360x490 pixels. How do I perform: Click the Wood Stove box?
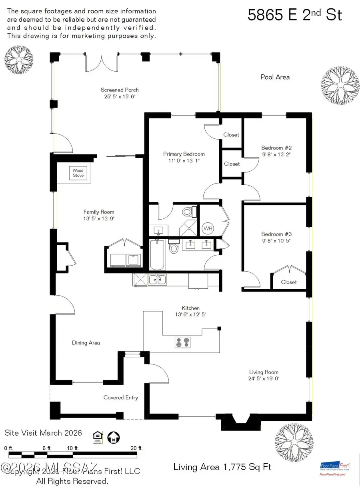pyautogui.click(x=78, y=173)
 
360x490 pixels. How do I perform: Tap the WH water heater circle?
pyautogui.click(x=208, y=228)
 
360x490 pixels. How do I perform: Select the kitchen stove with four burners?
pyautogui.click(x=182, y=342)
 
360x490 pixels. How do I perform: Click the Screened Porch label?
pyautogui.click(x=120, y=90)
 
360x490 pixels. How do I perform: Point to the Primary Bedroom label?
pyautogui.click(x=184, y=154)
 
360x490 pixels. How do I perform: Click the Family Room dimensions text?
pyautogui.click(x=99, y=219)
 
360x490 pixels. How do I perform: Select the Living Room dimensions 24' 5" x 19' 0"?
pyautogui.click(x=264, y=378)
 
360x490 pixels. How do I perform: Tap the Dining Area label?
pyautogui.click(x=86, y=343)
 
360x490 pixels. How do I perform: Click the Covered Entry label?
pyautogui.click(x=121, y=397)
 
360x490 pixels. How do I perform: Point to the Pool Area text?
pyautogui.click(x=275, y=77)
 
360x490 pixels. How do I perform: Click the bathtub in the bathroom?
pyautogui.click(x=157, y=255)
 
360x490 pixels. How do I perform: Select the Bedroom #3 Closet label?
pyautogui.click(x=289, y=282)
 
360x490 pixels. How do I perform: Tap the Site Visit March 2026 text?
pyautogui.click(x=43, y=433)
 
